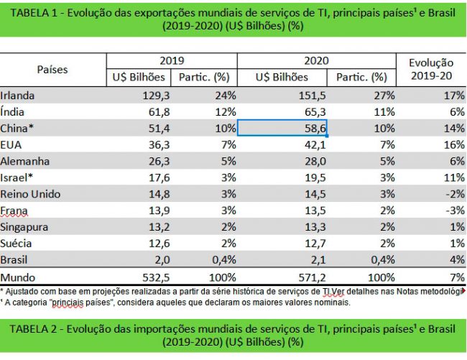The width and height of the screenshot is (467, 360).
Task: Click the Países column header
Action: [52, 70]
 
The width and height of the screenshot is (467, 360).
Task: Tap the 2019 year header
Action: [172, 61]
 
